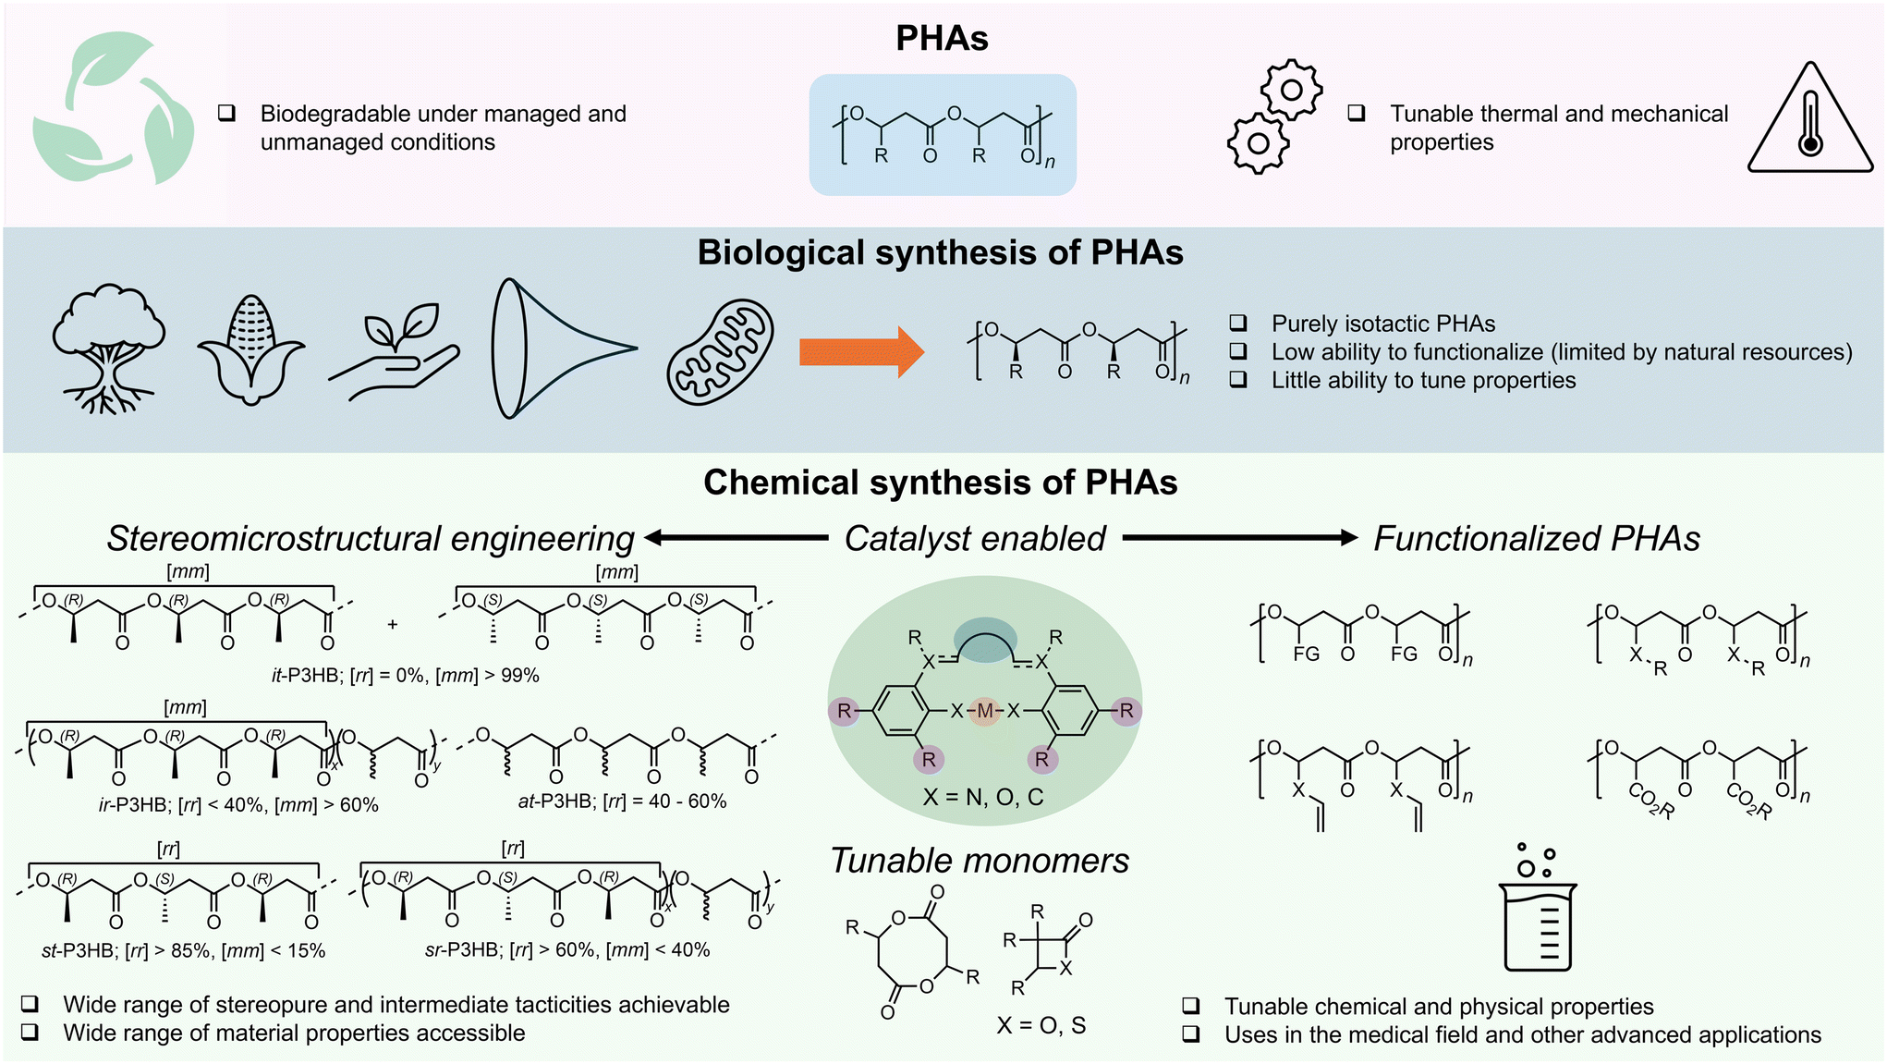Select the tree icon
pyautogui.click(x=109, y=348)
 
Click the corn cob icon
pyautogui.click(x=250, y=349)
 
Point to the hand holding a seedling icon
pyautogui.click(x=394, y=351)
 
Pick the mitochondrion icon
pyautogui.click(x=721, y=351)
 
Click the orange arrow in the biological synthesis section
pyautogui.click(x=861, y=352)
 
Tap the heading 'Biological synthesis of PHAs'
pyautogui.click(x=940, y=252)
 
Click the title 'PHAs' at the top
pyautogui.click(x=942, y=38)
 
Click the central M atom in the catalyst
pyautogui.click(x=985, y=711)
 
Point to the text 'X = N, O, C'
pyautogui.click(x=983, y=797)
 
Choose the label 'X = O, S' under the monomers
pyautogui.click(x=1041, y=1025)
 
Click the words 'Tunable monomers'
pyautogui.click(x=980, y=861)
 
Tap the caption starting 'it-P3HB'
pyautogui.click(x=405, y=676)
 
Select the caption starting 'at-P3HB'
pyautogui.click(x=622, y=801)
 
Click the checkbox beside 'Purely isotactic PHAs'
pyautogui.click(x=1238, y=323)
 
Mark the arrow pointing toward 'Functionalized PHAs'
pyautogui.click(x=1240, y=538)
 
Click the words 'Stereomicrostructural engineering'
pyautogui.click(x=371, y=539)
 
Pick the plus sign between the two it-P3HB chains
pyautogui.click(x=393, y=625)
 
